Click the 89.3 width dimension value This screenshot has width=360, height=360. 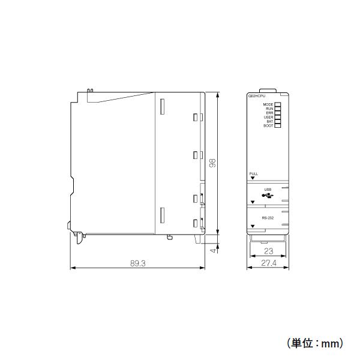138,263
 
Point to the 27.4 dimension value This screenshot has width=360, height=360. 268,263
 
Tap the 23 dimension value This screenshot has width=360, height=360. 268,252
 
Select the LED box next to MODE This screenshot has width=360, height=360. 278,104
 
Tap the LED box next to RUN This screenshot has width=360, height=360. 278,109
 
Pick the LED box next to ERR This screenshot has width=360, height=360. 278,113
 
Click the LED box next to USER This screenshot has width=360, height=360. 278,117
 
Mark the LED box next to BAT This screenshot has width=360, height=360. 278,121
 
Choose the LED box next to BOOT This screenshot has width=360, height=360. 278,125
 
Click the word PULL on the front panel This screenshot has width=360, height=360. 254,173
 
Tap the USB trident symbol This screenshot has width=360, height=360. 268,195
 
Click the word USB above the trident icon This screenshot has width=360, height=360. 268,190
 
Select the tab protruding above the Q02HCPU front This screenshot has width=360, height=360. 268,91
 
